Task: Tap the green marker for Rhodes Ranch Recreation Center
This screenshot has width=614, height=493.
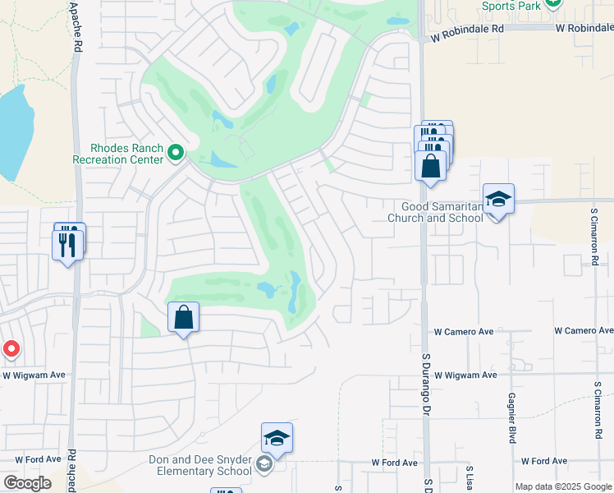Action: coord(175,152)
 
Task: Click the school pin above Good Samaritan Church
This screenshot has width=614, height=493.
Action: coord(498,200)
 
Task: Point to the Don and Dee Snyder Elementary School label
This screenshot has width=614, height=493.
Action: coord(200,465)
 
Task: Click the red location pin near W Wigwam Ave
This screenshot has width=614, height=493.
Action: coord(11,349)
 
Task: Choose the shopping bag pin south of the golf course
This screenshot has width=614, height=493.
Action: coord(184,317)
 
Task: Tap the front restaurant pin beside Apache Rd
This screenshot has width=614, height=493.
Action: coord(67,245)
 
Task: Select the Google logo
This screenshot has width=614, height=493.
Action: coord(27,482)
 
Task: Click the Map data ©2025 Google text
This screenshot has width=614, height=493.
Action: coord(562,486)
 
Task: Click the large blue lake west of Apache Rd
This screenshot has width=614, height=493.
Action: coord(14,131)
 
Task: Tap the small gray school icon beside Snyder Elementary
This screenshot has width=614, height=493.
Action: coord(263,466)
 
